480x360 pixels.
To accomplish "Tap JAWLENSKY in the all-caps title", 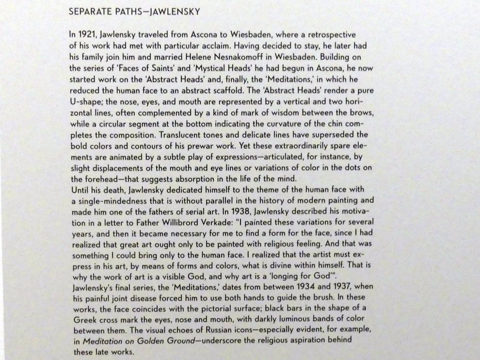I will click(x=176, y=12).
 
